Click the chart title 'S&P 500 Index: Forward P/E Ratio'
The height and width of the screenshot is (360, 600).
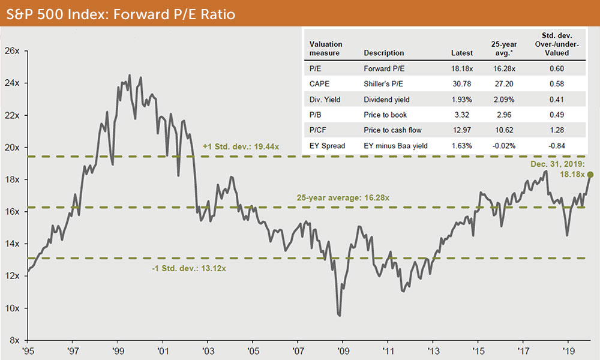point(119,14)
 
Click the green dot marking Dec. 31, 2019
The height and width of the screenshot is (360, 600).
point(590,175)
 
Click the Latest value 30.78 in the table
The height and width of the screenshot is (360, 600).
point(461,85)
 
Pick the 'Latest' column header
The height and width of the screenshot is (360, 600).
point(461,53)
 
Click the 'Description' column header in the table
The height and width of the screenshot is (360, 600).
point(384,53)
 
